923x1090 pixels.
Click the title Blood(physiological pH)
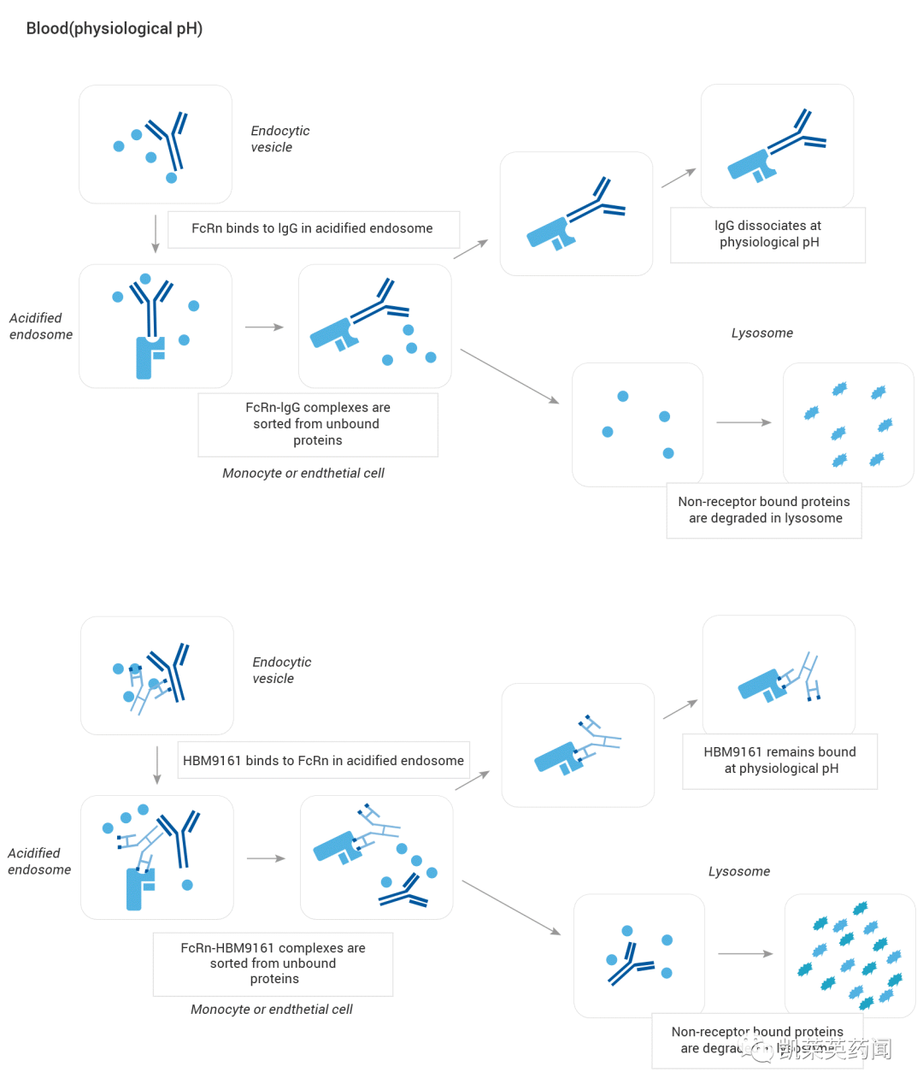[x=114, y=28]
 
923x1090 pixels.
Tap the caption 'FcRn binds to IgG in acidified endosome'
[x=313, y=229]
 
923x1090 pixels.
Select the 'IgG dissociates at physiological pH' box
[x=768, y=234]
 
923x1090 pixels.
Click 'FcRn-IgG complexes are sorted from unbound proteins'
[x=318, y=424]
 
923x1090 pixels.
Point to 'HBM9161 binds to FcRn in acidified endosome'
[x=323, y=760]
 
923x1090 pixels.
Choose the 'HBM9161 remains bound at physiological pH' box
[x=779, y=760]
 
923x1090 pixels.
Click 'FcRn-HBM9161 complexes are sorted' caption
[x=273, y=963]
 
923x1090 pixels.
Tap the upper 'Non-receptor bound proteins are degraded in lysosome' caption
[x=764, y=510]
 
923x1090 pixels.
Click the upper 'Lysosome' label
[x=762, y=333]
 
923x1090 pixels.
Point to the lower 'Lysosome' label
[x=739, y=871]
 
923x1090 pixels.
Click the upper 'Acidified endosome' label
[x=39, y=326]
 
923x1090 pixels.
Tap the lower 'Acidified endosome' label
[x=38, y=861]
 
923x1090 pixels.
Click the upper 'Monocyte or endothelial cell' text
[x=303, y=473]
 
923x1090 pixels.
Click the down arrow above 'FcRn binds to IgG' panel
[x=156, y=234]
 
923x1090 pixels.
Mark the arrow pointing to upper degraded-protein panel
[x=744, y=422]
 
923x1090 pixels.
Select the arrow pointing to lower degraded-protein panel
[x=745, y=953]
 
